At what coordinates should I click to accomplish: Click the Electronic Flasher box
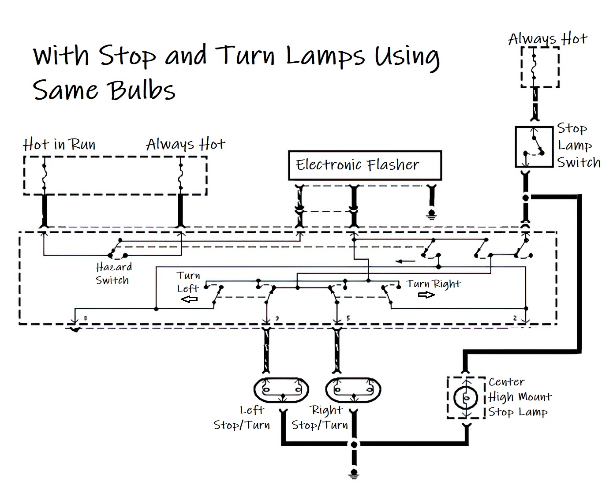365,165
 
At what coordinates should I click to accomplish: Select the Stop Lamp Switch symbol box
534,147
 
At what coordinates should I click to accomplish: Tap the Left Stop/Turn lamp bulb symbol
281,389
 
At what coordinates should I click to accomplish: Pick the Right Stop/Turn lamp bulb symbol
353,389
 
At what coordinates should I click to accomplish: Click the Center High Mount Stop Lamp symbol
466,398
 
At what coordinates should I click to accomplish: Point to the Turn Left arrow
189,299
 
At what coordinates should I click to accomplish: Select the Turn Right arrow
426,295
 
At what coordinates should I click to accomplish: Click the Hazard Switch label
113,273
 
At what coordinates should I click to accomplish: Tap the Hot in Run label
59,145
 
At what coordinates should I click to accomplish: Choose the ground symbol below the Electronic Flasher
432,216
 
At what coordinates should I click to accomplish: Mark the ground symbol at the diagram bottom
354,474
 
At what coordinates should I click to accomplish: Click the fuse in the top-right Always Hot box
534,66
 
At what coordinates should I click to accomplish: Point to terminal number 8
85,318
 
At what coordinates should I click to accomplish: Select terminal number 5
348,318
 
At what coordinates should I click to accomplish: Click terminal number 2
515,318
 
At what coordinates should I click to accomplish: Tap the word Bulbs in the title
142,90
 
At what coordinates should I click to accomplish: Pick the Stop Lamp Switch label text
578,146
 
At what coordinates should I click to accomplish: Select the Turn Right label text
433,284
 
